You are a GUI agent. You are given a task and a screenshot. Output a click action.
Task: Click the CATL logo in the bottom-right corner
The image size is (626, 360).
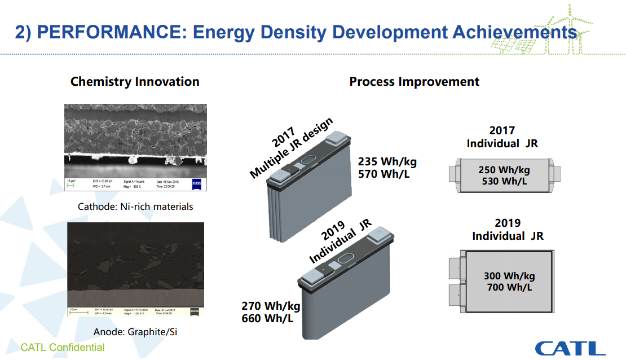[x=570, y=348]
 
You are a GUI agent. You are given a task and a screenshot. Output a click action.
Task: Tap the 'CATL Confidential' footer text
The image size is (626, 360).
[x=63, y=347]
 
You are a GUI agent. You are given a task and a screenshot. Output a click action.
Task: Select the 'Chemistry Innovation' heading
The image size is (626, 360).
[x=135, y=81]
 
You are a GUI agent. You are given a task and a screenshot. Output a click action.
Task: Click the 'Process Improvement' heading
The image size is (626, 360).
[x=414, y=81]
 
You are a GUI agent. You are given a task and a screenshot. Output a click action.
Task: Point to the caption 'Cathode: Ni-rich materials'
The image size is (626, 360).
[x=135, y=207]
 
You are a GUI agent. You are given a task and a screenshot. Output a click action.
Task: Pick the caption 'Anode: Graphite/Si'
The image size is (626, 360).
[x=135, y=332]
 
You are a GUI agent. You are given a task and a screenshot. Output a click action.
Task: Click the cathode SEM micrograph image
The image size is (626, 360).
[x=135, y=141]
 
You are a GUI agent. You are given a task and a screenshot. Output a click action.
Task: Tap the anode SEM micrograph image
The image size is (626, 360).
[x=135, y=265]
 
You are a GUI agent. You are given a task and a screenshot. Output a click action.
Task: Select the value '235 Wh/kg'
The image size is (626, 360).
[x=387, y=162]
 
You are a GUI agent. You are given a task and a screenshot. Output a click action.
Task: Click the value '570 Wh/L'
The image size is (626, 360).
[x=384, y=174]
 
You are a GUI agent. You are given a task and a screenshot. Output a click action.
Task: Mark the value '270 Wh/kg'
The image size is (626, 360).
[x=271, y=306]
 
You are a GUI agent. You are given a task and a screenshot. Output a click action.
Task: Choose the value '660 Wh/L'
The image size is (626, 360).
[x=267, y=318]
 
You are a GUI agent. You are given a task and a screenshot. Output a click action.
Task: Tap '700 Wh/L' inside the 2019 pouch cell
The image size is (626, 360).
[x=509, y=288]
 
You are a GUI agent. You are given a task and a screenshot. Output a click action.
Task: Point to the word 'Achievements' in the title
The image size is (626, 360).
[x=515, y=32]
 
